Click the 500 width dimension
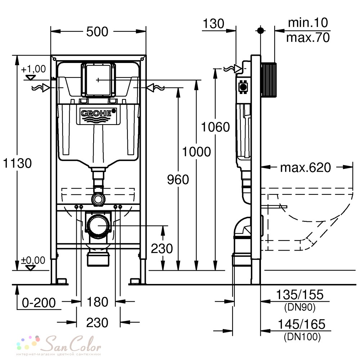point(97,32)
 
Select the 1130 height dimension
point(17,163)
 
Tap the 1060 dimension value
point(215,127)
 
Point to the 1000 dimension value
point(197,152)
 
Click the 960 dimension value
point(178,179)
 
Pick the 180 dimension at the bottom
point(97,302)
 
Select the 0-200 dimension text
point(39,303)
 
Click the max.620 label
point(306,167)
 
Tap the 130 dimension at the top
point(213,24)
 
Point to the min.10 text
point(308,22)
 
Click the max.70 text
point(308,37)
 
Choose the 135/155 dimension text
point(300,294)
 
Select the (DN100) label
point(302,337)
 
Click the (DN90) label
point(300,307)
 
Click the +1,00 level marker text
point(33,69)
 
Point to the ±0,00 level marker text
point(33,260)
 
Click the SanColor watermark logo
point(59,344)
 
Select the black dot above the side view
point(260,30)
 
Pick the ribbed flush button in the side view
point(269,80)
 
